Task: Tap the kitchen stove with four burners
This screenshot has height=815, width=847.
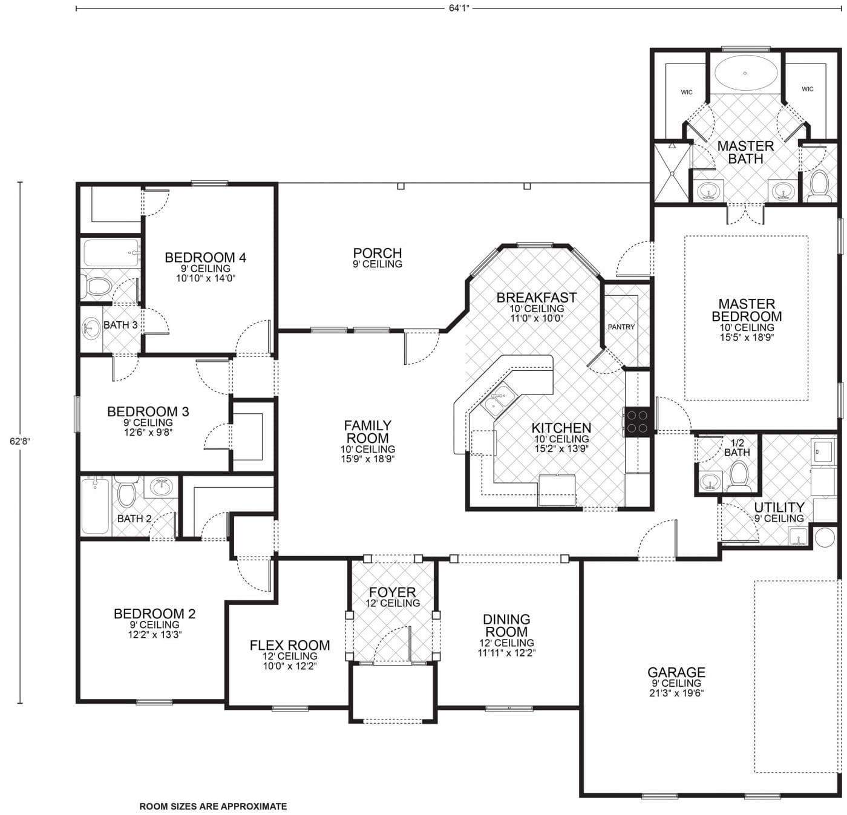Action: tap(638, 422)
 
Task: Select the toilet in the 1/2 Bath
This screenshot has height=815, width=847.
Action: tap(739, 476)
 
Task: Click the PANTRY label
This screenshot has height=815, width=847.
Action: tap(621, 327)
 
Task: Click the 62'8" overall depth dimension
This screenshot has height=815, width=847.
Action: tap(20, 441)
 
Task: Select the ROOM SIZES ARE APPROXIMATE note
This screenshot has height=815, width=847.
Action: tap(213, 806)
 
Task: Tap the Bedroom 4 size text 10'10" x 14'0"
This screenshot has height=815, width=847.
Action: tap(205, 278)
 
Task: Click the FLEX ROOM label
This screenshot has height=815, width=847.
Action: tap(290, 646)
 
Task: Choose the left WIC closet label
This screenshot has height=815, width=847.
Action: tap(687, 92)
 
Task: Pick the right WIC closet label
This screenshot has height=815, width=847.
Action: tap(808, 89)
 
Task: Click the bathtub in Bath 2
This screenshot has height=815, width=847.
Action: tap(95, 506)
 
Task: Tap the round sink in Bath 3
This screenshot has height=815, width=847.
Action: tap(91, 328)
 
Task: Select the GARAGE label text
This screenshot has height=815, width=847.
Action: tap(676, 672)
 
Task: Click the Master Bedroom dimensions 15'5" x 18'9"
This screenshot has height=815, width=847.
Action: tap(747, 337)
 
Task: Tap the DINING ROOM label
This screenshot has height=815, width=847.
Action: tap(506, 625)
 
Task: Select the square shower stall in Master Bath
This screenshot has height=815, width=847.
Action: tap(672, 172)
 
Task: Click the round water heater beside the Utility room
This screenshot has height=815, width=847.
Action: tap(825, 537)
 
